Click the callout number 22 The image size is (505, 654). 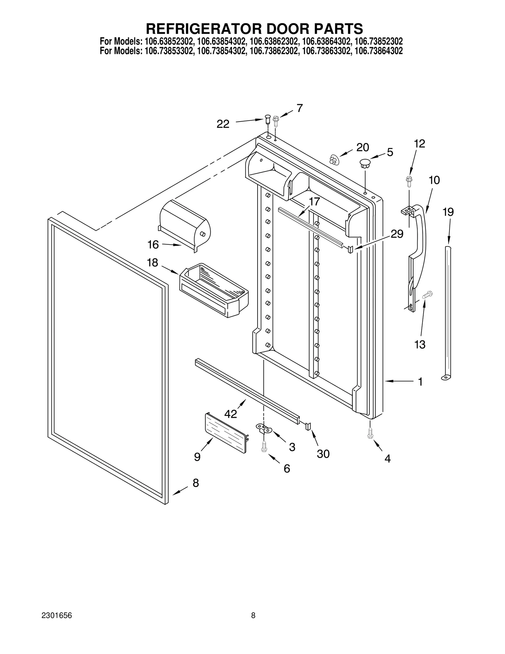[223, 124]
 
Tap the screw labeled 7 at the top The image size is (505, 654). [276, 121]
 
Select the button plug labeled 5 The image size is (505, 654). [365, 164]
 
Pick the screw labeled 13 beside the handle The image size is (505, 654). [427, 295]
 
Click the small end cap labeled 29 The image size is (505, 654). [350, 249]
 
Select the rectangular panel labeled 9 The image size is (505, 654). [226, 432]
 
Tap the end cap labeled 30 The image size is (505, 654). [308, 426]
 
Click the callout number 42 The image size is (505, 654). [230, 413]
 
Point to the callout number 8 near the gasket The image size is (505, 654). [196, 483]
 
